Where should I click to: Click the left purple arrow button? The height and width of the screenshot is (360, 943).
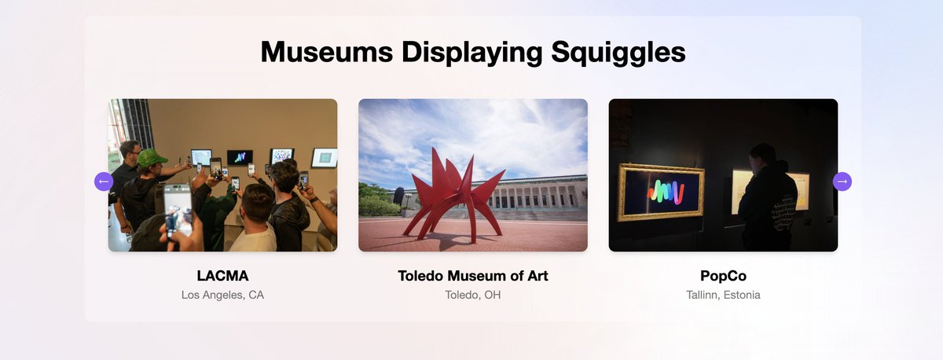pyautogui.click(x=104, y=182)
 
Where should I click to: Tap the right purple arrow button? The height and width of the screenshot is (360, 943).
pyautogui.click(x=842, y=182)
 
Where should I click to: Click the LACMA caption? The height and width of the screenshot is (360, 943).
pyautogui.click(x=222, y=276)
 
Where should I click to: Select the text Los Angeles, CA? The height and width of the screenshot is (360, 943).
pyautogui.click(x=222, y=296)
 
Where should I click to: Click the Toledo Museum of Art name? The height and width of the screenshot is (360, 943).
pyautogui.click(x=472, y=276)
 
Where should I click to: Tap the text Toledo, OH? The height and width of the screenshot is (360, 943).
pyautogui.click(x=472, y=296)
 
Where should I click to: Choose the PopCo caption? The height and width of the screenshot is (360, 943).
pyautogui.click(x=723, y=276)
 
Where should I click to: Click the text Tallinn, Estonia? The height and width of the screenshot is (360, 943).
pyautogui.click(x=723, y=296)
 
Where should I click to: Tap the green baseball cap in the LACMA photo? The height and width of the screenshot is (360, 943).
pyautogui.click(x=151, y=157)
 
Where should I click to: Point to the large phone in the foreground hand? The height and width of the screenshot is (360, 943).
pyautogui.click(x=178, y=208)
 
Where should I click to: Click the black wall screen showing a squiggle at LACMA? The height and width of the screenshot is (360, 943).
pyautogui.click(x=240, y=156)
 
